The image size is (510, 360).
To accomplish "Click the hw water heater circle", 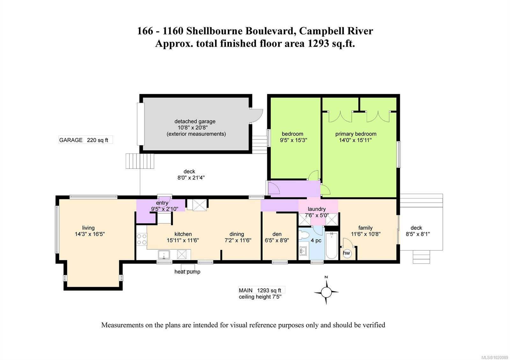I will pyautogui.click(x=346, y=253).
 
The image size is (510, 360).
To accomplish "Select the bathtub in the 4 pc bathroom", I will pyautogui.click(x=331, y=246).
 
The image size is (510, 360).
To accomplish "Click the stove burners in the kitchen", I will pyautogui.click(x=142, y=239).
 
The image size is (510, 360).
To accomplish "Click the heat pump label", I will pyautogui.click(x=187, y=272).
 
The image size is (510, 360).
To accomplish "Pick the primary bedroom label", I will pyautogui.click(x=355, y=134).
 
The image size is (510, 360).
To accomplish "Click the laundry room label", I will pyautogui.click(x=317, y=209).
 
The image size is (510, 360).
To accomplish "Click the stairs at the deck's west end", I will pyautogui.click(x=140, y=161).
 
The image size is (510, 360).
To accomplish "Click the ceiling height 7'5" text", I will pyautogui.click(x=260, y=297).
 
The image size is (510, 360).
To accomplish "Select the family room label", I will pyautogui.click(x=365, y=228).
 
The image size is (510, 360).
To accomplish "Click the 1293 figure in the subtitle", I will pyautogui.click(x=318, y=43).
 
